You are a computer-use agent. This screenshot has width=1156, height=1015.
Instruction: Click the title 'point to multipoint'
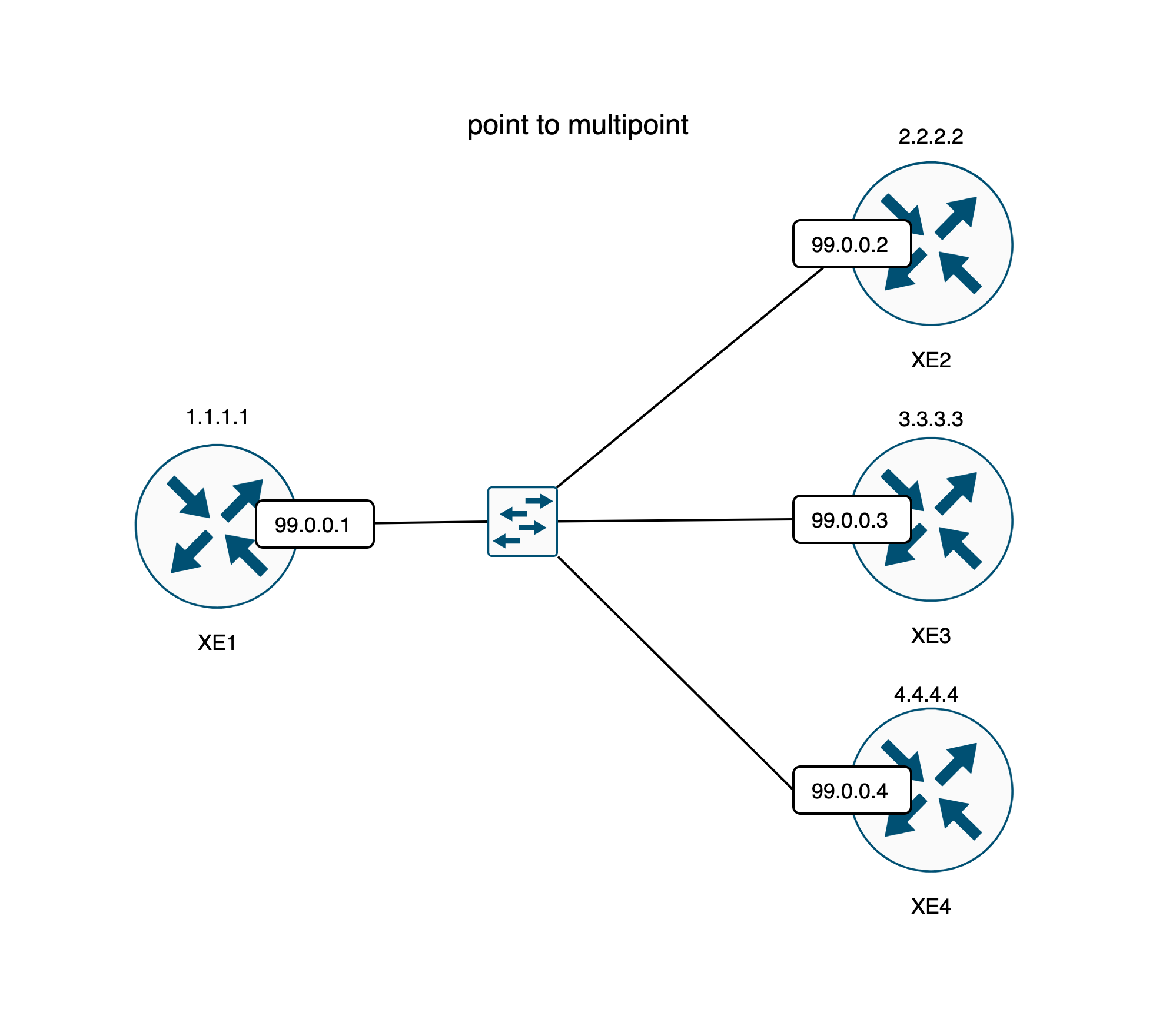click(577, 125)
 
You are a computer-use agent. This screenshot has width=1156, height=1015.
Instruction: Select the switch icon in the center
click(522, 521)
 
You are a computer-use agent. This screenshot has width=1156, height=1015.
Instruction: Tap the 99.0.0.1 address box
click(314, 524)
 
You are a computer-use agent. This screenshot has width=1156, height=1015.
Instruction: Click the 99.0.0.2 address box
click(851, 244)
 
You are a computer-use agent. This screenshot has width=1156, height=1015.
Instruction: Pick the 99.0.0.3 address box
click(851, 520)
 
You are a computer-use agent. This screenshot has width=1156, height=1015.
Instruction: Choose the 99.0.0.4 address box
click(851, 791)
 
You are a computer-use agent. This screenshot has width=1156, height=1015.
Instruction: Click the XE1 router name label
click(217, 642)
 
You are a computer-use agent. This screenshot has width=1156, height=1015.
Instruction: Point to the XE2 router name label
click(931, 360)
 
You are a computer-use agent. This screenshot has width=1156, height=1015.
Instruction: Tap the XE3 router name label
click(931, 635)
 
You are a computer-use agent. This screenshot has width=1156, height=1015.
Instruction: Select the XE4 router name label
click(931, 906)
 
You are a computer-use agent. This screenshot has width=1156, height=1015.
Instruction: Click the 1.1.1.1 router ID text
click(217, 417)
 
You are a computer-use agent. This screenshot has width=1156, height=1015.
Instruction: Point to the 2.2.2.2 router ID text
click(931, 137)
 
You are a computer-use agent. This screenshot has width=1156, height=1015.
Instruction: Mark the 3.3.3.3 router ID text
click(931, 419)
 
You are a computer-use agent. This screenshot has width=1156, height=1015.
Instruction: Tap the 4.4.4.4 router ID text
click(926, 695)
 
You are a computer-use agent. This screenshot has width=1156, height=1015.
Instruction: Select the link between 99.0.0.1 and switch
click(431, 522)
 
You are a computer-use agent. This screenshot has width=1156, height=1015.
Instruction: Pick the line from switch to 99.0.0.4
click(675, 672)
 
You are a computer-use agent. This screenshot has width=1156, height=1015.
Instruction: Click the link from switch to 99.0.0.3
click(675, 520)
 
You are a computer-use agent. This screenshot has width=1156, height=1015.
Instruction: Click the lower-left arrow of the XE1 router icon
click(190, 553)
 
